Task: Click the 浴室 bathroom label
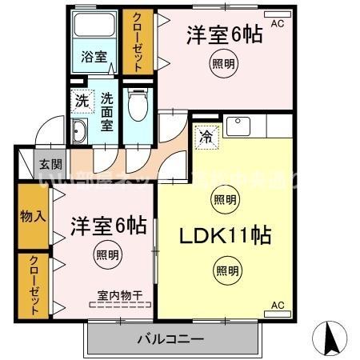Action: click(x=94, y=57)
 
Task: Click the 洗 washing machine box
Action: click(x=81, y=102)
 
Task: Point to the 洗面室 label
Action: click(x=107, y=110)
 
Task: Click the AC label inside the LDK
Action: click(x=278, y=305)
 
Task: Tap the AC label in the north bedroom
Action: click(x=278, y=24)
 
